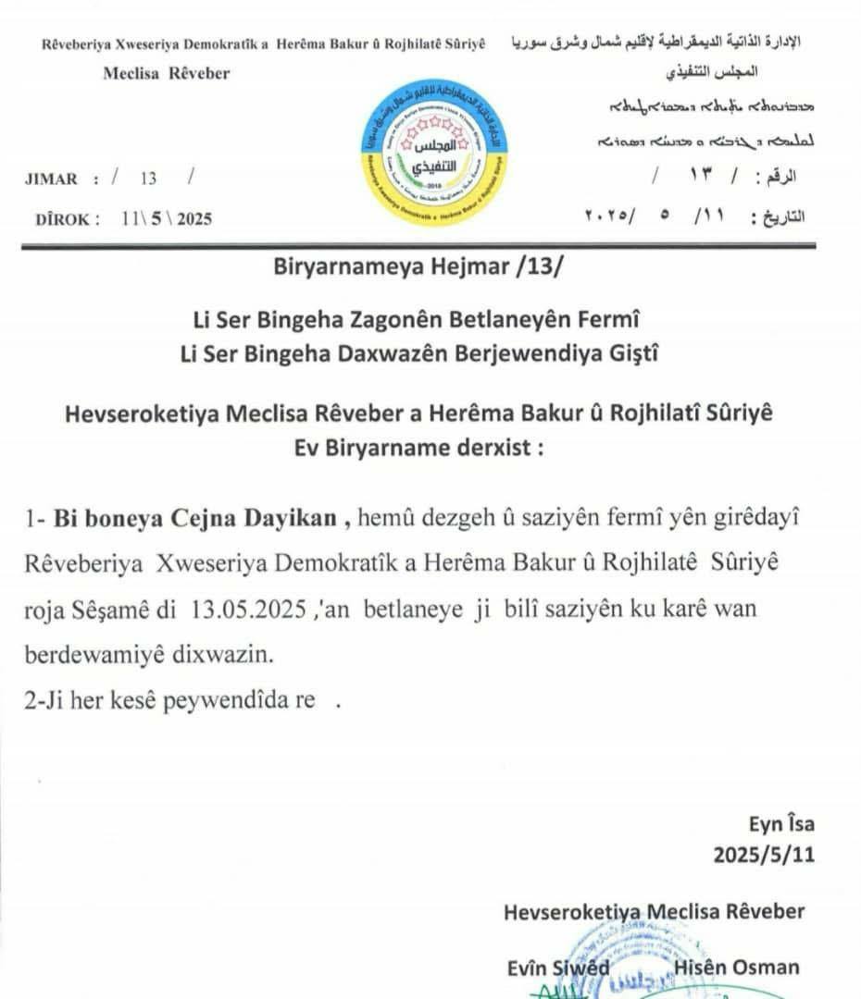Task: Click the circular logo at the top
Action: coord(434,154)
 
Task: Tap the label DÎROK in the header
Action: coord(61,219)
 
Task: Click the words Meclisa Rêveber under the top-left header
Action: coord(167,73)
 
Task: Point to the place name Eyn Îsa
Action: coord(782,824)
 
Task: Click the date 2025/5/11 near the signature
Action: coord(764,855)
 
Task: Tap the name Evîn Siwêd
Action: coord(558,968)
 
